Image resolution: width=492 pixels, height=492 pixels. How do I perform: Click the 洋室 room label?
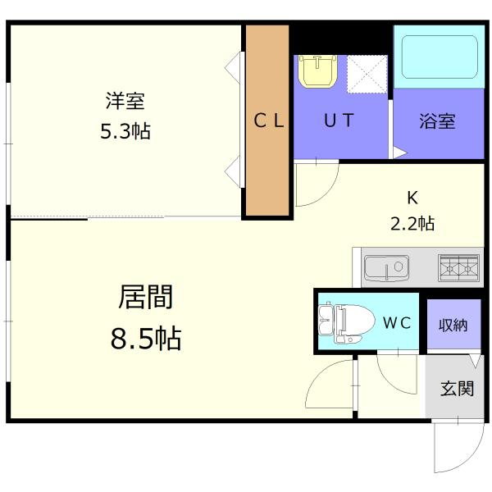click(x=125, y=102)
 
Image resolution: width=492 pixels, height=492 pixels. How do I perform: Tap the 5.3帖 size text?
click(x=125, y=130)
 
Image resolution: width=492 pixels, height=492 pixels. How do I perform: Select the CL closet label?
click(x=268, y=121)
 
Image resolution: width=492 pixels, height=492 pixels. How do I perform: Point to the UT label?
click(x=338, y=121)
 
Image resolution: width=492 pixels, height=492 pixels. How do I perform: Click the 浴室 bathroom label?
click(x=436, y=121)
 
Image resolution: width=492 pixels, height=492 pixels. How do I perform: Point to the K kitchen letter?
click(x=412, y=197)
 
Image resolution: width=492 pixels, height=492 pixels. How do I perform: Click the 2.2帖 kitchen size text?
click(x=412, y=222)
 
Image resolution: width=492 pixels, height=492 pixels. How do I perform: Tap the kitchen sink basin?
click(x=386, y=267)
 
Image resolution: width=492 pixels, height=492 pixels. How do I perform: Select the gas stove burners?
click(x=460, y=266)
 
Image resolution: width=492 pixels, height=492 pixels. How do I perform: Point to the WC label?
click(x=397, y=323)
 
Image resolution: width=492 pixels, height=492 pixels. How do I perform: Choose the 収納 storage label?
click(x=453, y=325)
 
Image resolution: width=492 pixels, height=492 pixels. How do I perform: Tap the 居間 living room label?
click(x=146, y=297)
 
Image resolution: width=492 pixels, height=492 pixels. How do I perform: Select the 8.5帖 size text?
click(x=146, y=337)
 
